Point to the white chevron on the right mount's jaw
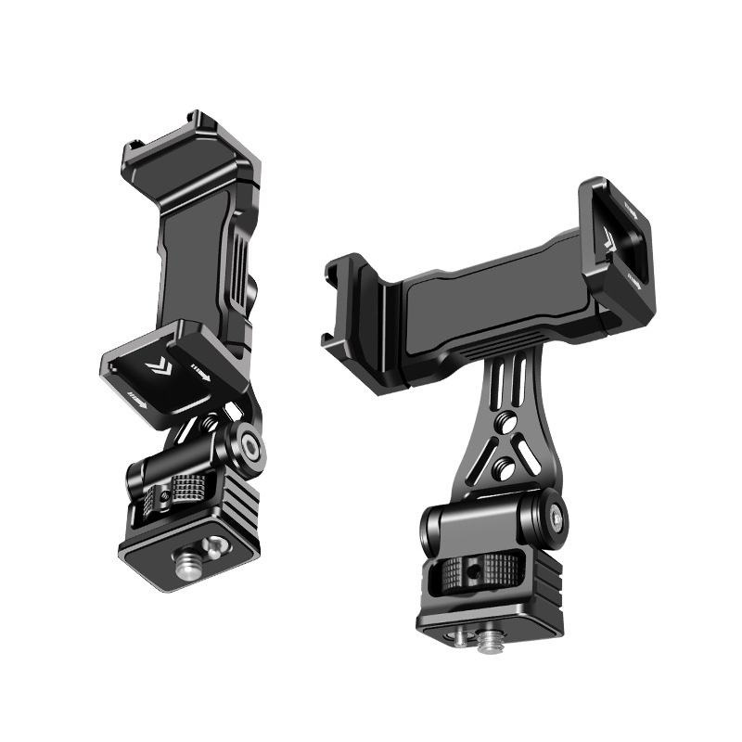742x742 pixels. (x=608, y=237)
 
